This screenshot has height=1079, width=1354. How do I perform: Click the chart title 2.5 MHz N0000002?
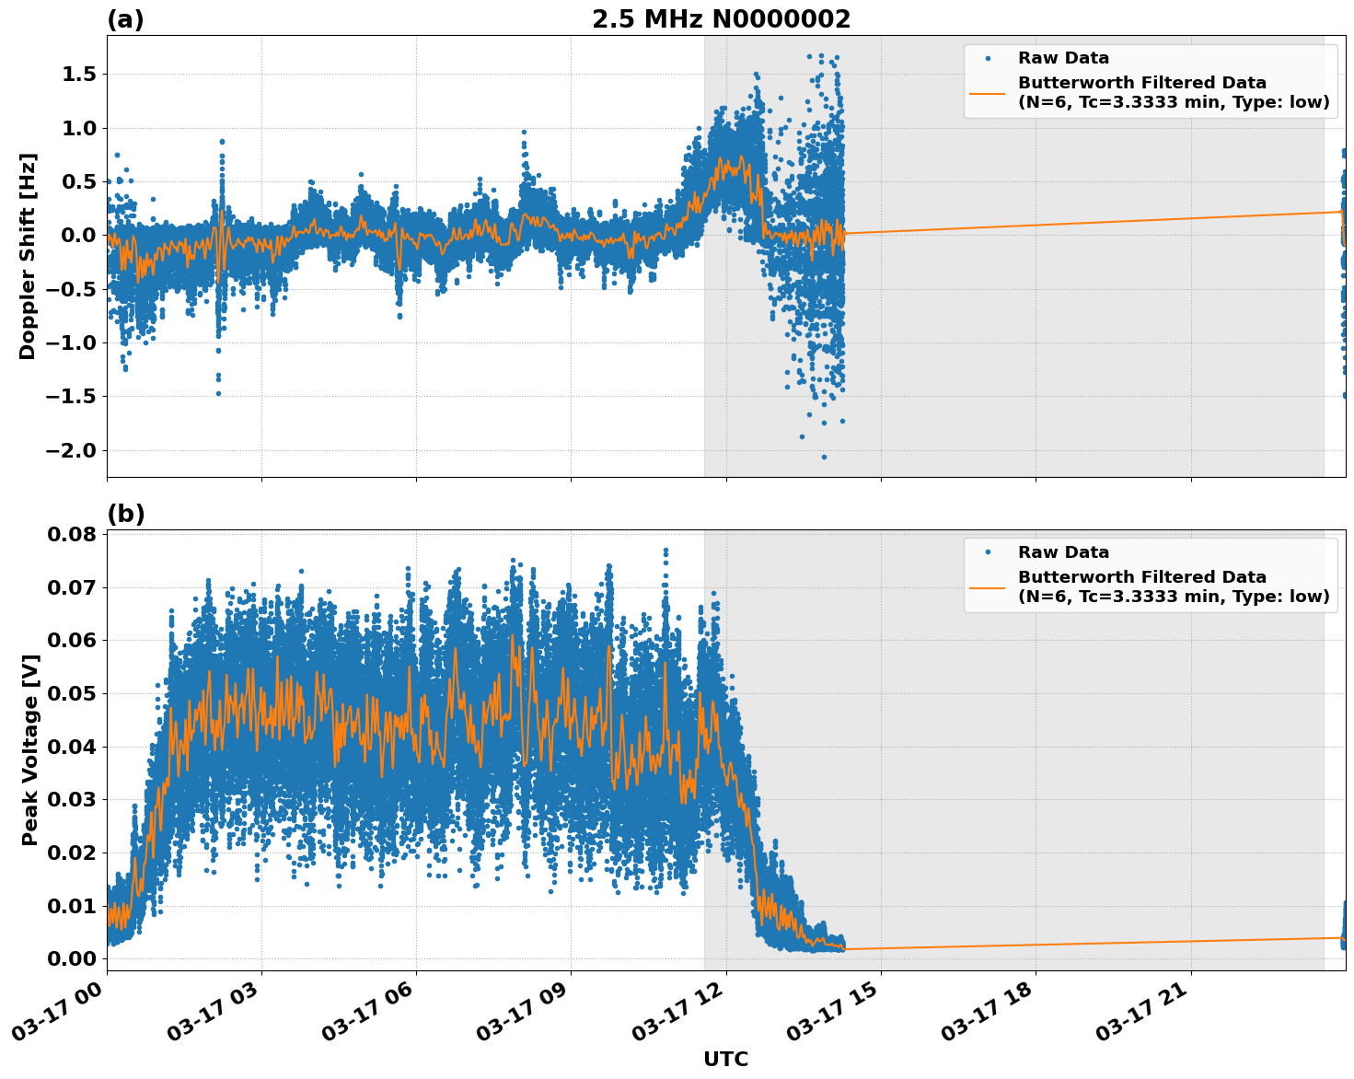point(721,19)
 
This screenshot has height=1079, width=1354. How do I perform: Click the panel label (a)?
point(125,19)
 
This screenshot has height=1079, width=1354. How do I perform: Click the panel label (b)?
point(125,514)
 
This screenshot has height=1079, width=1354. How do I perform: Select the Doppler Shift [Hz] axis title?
point(28,256)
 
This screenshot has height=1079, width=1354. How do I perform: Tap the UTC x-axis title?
point(725,1060)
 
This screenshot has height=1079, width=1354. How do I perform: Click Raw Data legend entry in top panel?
point(1063,59)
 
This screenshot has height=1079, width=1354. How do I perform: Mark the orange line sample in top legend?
point(987,93)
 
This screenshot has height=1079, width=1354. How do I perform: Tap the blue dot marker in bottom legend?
point(987,552)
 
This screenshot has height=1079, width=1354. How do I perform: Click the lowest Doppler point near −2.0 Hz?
point(824,457)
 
